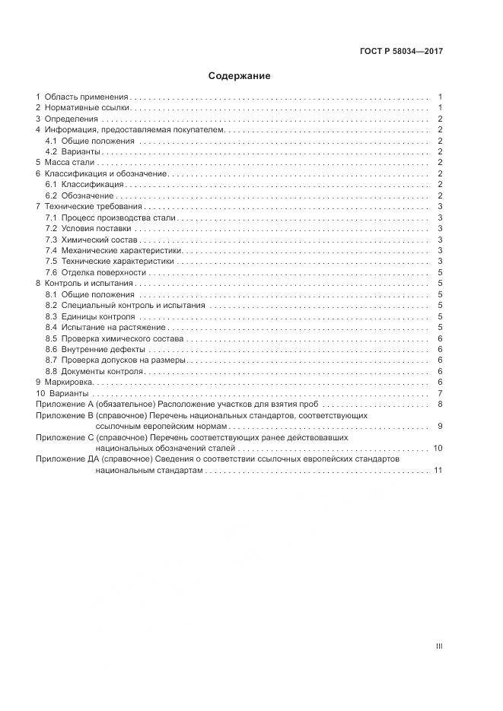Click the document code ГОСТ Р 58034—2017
(401, 52)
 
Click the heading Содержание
(240, 76)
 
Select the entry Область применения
(87, 97)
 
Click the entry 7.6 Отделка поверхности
(95, 272)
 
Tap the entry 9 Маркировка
(68, 382)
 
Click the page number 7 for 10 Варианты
(441, 393)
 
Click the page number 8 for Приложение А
(441, 404)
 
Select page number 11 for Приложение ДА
(438, 471)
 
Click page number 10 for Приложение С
(438, 449)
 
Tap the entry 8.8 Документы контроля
(94, 371)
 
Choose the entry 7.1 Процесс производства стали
(110, 218)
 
